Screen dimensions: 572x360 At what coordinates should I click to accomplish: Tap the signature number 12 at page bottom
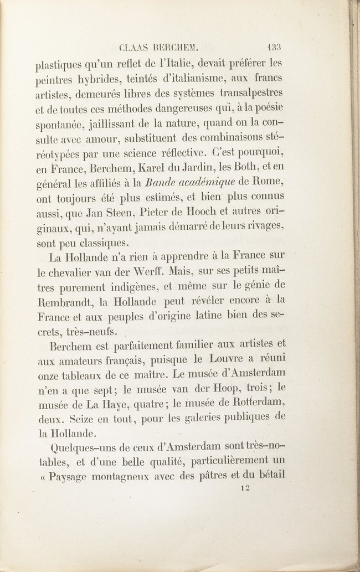tap(246, 488)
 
